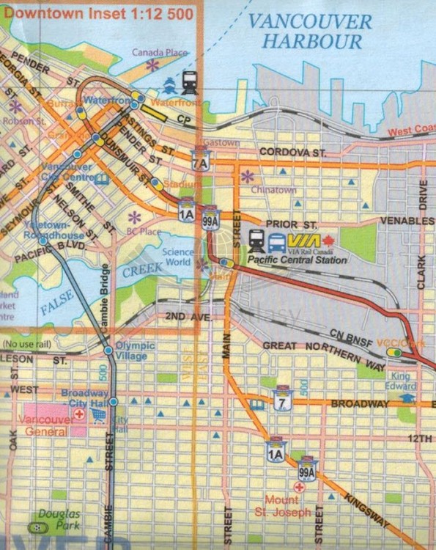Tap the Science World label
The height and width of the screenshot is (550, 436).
178,256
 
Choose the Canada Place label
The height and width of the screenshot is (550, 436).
159,53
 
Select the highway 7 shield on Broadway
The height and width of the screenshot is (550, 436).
280,402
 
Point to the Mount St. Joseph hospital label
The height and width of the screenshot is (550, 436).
281,507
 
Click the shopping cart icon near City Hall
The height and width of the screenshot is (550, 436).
98,416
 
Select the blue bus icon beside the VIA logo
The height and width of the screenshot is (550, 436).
277,241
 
